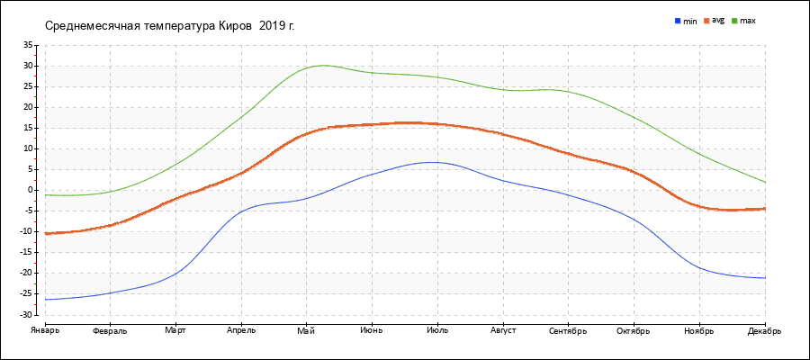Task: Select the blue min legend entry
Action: click(x=685, y=20)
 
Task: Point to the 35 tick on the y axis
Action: click(x=27, y=45)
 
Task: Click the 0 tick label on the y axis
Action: click(x=30, y=190)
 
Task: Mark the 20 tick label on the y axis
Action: click(x=27, y=107)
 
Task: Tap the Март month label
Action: click(x=175, y=331)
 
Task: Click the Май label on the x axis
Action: click(x=306, y=331)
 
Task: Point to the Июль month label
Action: click(x=437, y=331)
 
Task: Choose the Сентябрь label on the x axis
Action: click(x=568, y=331)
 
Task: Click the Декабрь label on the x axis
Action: click(x=765, y=331)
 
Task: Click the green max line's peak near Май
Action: click(x=322, y=65)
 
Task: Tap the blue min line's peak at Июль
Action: click(x=434, y=162)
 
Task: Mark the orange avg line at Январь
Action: click(x=46, y=233)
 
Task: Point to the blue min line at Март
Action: click(x=175, y=272)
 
